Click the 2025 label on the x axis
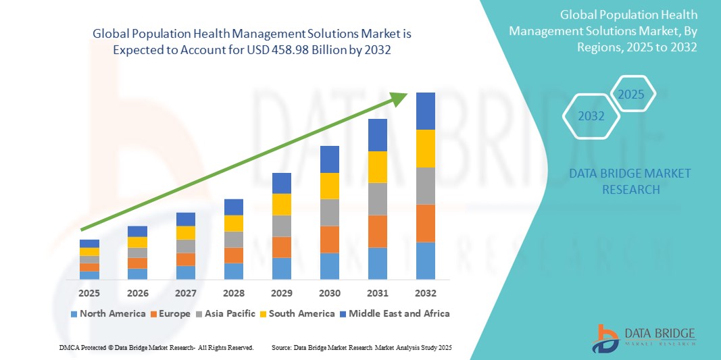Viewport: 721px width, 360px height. click(89, 294)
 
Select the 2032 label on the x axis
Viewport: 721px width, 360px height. click(425, 294)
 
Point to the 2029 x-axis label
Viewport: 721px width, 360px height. click(281, 294)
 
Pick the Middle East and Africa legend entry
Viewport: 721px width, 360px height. click(397, 313)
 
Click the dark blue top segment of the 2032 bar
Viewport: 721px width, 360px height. click(425, 111)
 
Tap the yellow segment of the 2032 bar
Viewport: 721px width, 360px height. click(425, 149)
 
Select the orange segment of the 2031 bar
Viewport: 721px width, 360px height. click(377, 232)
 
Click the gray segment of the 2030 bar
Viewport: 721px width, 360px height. click(329, 212)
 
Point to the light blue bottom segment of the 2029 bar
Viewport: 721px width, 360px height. click(281, 268)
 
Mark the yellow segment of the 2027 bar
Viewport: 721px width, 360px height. click(185, 233)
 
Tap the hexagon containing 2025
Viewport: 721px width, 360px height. click(632, 94)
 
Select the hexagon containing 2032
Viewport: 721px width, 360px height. click(591, 116)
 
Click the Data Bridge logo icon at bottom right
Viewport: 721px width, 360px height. click(605, 338)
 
